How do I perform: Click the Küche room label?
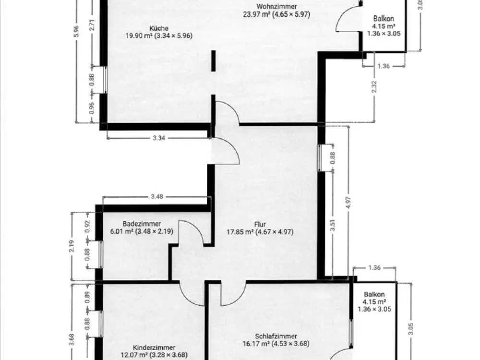coord(159,28)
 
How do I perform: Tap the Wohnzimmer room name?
coord(276,6)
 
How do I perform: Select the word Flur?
coord(260,224)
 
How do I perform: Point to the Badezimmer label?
coord(142,224)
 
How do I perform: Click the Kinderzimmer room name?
coord(154,348)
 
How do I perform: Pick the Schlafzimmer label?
coord(276,336)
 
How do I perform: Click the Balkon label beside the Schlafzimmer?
coord(374,295)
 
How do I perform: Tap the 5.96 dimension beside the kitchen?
coord(76,31)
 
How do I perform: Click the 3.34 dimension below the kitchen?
coord(159,138)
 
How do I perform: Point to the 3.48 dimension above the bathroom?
coord(157,196)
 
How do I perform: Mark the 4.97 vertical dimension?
coord(348,203)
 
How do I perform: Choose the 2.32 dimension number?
coord(374,87)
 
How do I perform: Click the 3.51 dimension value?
coord(333,225)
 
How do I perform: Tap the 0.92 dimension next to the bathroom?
coord(87,227)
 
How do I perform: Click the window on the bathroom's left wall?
coord(100,254)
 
